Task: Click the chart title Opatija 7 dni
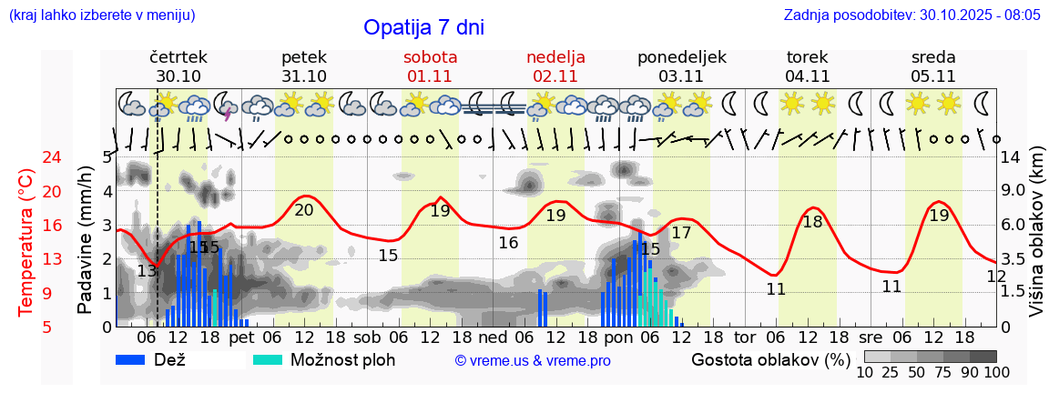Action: tap(423, 27)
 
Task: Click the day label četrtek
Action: tap(178, 57)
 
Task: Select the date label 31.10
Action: tap(304, 76)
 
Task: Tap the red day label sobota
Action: tap(430, 57)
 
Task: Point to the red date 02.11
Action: tap(555, 76)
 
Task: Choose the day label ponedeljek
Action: tap(681, 57)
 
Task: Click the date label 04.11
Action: tap(807, 76)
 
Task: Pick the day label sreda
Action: tap(933, 57)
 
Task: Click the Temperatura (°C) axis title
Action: tap(26, 242)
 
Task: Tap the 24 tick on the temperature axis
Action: tap(26, 157)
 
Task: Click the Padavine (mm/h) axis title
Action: tap(86, 240)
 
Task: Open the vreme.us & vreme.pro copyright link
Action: tap(533, 361)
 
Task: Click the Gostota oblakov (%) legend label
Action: tap(770, 359)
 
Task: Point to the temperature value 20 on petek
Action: tap(304, 210)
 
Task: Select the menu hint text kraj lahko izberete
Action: tap(102, 15)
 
